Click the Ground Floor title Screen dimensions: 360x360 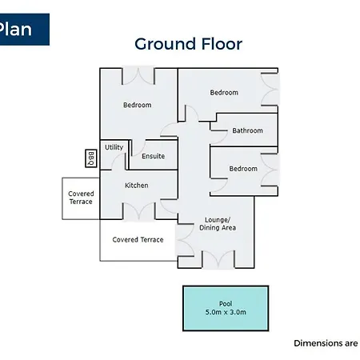189,44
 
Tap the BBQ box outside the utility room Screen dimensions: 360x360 90,158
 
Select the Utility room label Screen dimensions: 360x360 114,147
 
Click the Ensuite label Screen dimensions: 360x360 153,156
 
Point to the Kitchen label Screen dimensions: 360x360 137,186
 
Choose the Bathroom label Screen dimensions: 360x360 247,130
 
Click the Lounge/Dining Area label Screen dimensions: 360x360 218,224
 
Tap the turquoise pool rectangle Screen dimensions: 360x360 226,308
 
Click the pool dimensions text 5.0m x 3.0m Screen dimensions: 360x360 226,312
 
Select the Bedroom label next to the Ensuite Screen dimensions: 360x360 137,105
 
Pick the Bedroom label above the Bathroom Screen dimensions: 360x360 224,93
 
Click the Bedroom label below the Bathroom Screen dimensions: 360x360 243,169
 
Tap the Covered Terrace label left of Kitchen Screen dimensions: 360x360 81,198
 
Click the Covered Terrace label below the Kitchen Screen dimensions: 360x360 138,240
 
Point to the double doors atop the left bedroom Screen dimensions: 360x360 138,76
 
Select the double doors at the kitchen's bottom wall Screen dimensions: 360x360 138,211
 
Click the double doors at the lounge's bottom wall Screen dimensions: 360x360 218,259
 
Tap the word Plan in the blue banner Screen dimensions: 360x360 15,29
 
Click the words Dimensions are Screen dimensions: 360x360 326,343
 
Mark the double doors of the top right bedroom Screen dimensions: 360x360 270,89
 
